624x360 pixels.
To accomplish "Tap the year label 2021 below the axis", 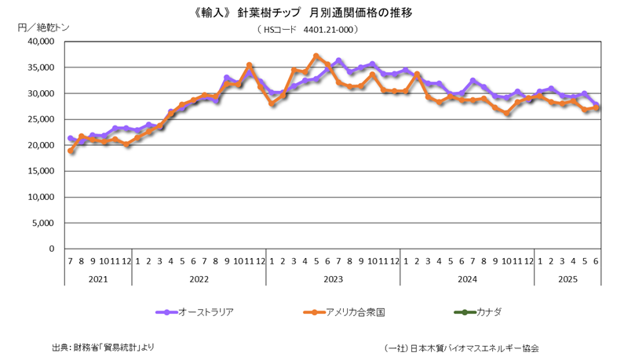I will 98,278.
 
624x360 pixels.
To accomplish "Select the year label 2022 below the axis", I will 199,278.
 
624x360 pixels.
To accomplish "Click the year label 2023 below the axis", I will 333,278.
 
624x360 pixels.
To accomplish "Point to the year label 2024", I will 466,278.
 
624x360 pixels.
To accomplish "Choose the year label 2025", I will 567,278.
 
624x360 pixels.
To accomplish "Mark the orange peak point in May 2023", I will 316,56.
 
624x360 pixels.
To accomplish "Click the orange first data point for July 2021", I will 71,151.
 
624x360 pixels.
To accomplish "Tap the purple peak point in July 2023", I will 338,60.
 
